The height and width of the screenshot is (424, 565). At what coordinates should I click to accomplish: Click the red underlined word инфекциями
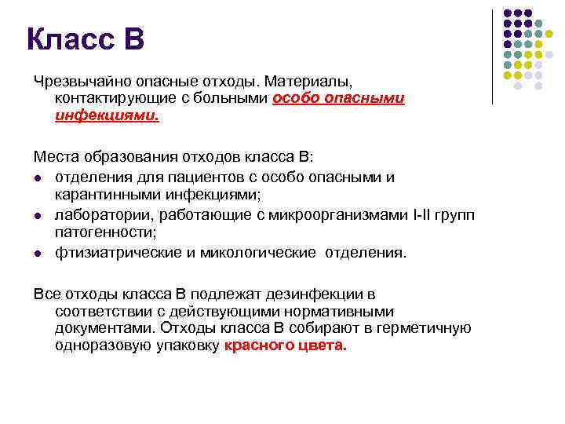(106, 115)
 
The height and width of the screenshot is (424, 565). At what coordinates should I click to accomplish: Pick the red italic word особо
(295, 99)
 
